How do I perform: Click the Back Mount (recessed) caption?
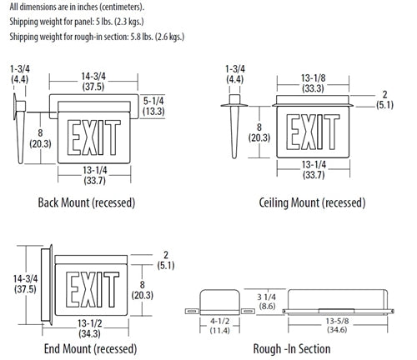87,202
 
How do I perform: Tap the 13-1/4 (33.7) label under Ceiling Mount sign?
314,170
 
